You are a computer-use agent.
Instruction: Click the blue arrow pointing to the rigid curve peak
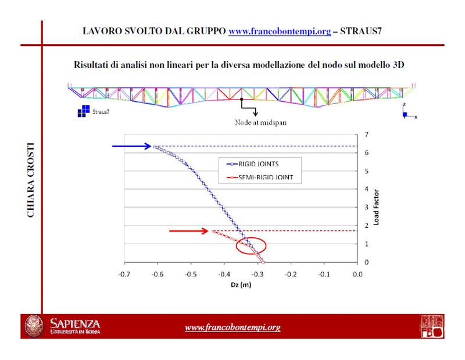point(132,146)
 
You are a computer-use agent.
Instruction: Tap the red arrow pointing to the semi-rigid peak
point(189,231)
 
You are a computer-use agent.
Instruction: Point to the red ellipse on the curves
point(251,246)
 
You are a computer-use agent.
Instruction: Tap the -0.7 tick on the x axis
point(123,273)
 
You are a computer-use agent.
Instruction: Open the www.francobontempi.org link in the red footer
point(233,327)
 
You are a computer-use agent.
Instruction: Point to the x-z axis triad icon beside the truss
point(407,112)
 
